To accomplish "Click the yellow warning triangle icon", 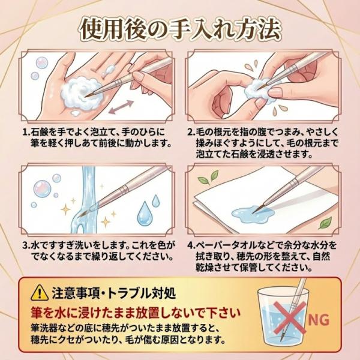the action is (x=40, y=293).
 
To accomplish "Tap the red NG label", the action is (x=319, y=320).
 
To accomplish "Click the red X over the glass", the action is (x=290, y=317).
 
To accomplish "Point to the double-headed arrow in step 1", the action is (x=121, y=107).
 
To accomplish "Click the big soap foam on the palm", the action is (x=82, y=94).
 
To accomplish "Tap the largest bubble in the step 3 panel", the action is (x=42, y=189).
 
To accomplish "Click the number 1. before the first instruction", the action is (x=26, y=133).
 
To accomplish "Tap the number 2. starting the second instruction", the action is (x=191, y=133).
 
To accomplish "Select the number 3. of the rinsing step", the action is (x=26, y=245).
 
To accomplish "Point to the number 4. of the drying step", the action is (x=191, y=245).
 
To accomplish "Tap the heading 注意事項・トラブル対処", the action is (x=114, y=293).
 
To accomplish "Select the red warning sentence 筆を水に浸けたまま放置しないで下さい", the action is (x=136, y=313).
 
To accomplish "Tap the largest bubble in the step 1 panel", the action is (x=42, y=62).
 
